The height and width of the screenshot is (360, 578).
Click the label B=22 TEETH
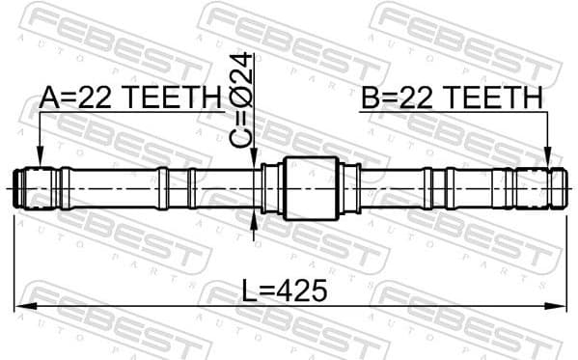pos(452,97)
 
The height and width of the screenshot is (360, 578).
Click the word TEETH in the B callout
pos(499,97)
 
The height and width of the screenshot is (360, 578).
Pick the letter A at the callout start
pos(48,97)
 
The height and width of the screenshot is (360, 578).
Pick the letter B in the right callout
pos(370,97)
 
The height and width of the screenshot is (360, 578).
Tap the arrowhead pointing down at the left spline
pos(40,157)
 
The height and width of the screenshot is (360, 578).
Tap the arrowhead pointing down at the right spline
pos(547,157)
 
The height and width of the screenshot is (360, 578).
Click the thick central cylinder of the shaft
pos(313,186)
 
